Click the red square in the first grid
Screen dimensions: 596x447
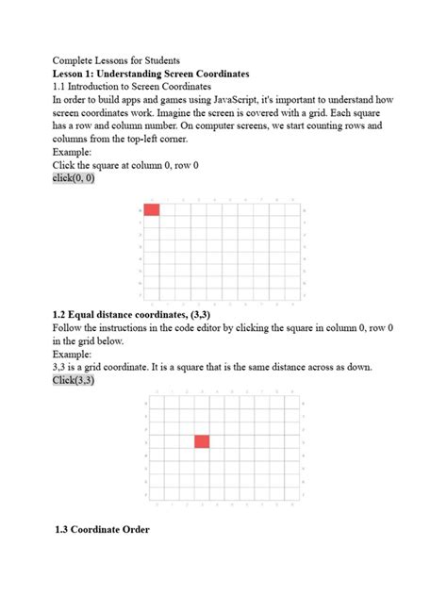pyautogui.click(x=152, y=208)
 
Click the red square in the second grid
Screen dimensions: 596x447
pyautogui.click(x=202, y=440)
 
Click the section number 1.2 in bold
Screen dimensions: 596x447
pyautogui.click(x=61, y=315)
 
